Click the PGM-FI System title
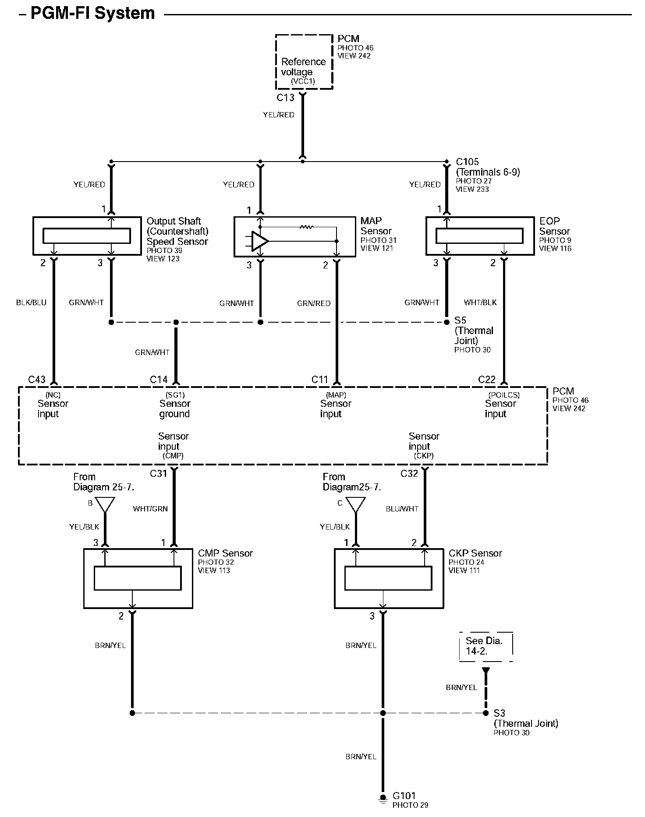tap(92, 13)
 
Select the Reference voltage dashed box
tap(304, 62)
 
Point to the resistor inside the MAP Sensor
tap(306, 227)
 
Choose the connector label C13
tap(285, 98)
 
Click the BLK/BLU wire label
tap(31, 303)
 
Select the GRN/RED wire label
tap(314, 303)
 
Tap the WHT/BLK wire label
tap(480, 303)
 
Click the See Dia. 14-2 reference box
tap(486, 646)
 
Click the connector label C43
tap(37, 380)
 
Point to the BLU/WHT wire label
tap(402, 509)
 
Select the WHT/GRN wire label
tap(150, 509)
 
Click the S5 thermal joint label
tap(474, 331)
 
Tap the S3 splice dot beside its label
tap(486, 713)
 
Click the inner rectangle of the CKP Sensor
tap(388, 578)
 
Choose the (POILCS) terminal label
tap(503, 395)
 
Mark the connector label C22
tap(487, 380)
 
